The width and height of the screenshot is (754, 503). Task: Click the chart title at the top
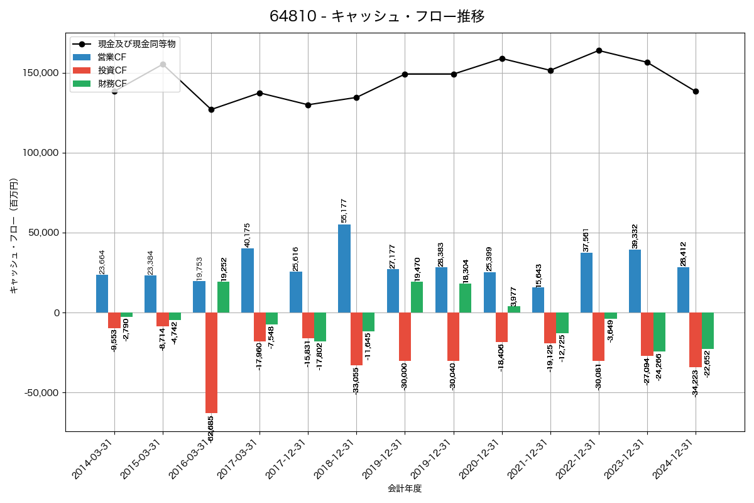[377, 16]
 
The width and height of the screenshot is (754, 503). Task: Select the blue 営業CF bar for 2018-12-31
[344, 268]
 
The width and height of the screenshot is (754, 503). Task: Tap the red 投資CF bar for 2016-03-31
[211, 363]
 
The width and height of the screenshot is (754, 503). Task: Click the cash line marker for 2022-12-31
[599, 50]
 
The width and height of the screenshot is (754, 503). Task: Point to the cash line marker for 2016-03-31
[211, 109]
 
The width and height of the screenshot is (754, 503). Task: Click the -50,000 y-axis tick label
[41, 392]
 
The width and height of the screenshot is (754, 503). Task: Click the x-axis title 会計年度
[405, 488]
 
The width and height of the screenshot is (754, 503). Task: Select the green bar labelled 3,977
[514, 309]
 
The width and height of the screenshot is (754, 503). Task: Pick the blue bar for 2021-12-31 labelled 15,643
[538, 300]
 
